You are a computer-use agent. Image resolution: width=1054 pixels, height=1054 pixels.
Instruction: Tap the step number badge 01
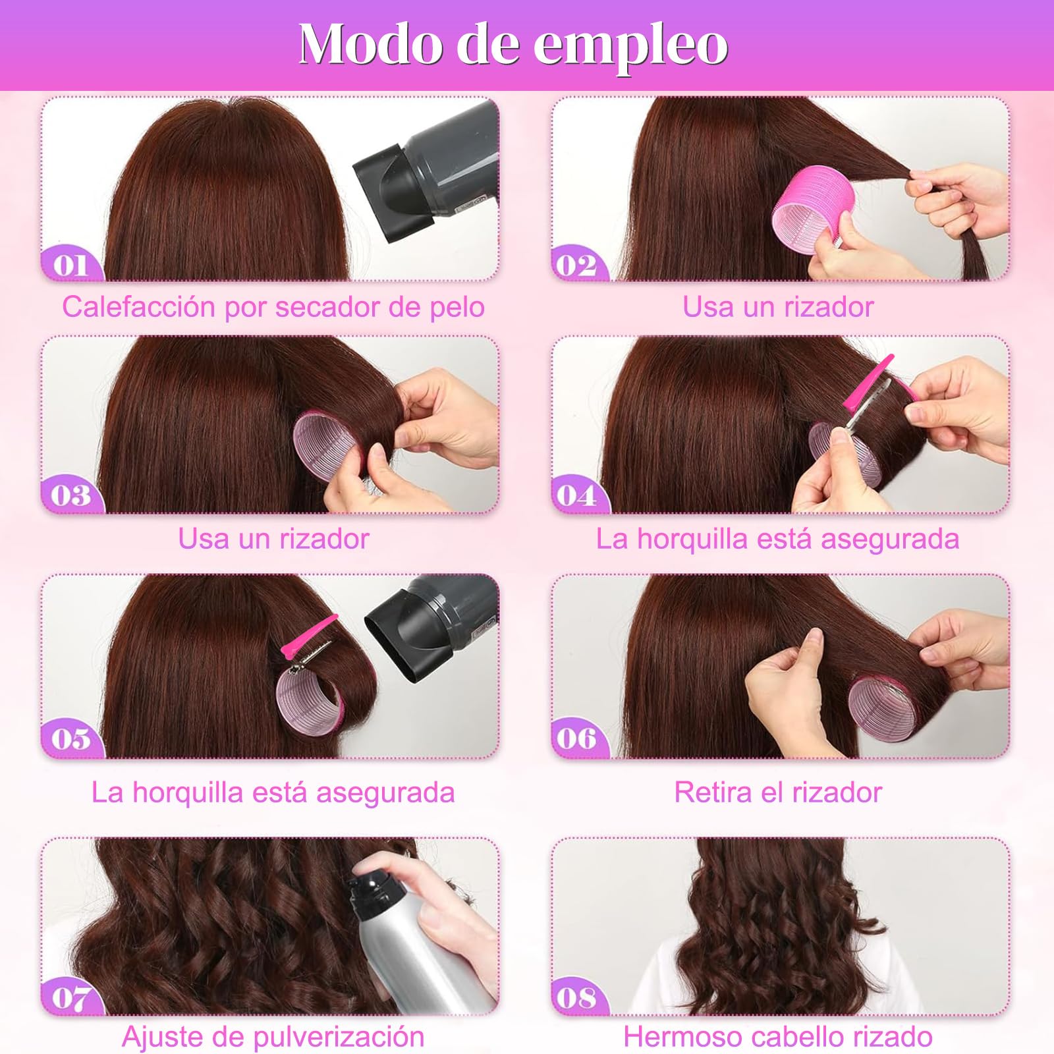[70, 265]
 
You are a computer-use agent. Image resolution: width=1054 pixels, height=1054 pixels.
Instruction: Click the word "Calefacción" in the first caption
[140, 307]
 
